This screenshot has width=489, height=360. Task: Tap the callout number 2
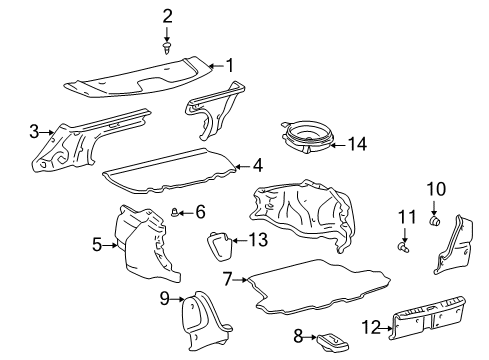tap(167, 15)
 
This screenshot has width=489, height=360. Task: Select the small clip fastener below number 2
tap(167, 46)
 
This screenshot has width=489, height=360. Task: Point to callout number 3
tap(33, 131)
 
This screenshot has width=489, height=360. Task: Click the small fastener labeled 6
tap(175, 211)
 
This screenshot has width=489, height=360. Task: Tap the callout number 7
tap(228, 279)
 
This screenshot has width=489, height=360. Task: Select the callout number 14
tap(357, 144)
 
